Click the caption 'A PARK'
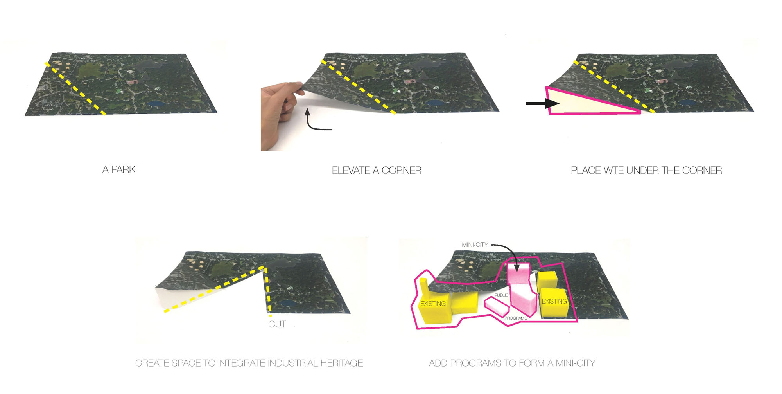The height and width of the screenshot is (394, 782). (119, 170)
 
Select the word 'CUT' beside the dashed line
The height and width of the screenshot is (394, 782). (277, 324)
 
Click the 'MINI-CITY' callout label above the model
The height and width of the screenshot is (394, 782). (475, 245)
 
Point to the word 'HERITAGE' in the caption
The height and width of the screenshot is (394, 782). (342, 363)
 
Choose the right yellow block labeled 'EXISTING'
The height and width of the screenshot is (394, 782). (554, 302)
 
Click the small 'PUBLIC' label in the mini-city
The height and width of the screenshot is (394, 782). (501, 295)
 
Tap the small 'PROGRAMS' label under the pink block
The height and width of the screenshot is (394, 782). (516, 318)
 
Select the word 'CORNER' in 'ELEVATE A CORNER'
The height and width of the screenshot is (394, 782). (402, 171)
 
